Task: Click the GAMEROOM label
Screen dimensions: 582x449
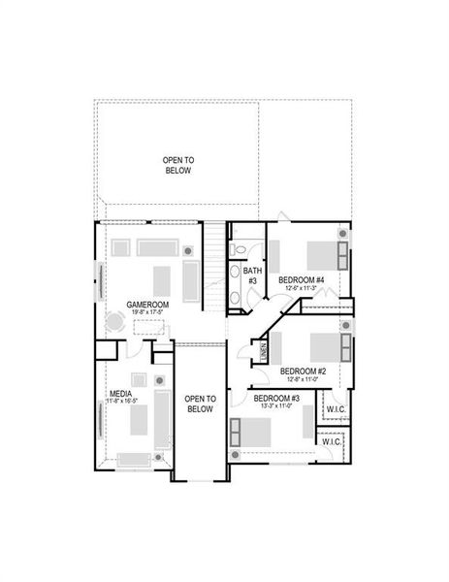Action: (147, 304)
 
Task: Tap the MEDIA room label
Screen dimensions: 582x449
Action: (121, 394)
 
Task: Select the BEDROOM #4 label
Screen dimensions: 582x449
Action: (301, 279)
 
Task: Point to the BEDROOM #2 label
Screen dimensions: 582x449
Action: (303, 371)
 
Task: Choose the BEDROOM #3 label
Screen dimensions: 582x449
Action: (276, 398)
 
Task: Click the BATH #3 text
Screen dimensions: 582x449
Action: (252, 275)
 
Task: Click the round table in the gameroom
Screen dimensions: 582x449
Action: (115, 327)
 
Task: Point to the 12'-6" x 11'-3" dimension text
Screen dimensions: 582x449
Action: (301, 288)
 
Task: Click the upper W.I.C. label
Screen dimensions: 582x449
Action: (337, 409)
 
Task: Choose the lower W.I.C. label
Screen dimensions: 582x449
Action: (331, 442)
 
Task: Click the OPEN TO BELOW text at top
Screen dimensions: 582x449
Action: (177, 164)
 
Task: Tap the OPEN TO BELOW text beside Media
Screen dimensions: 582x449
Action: (199, 404)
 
